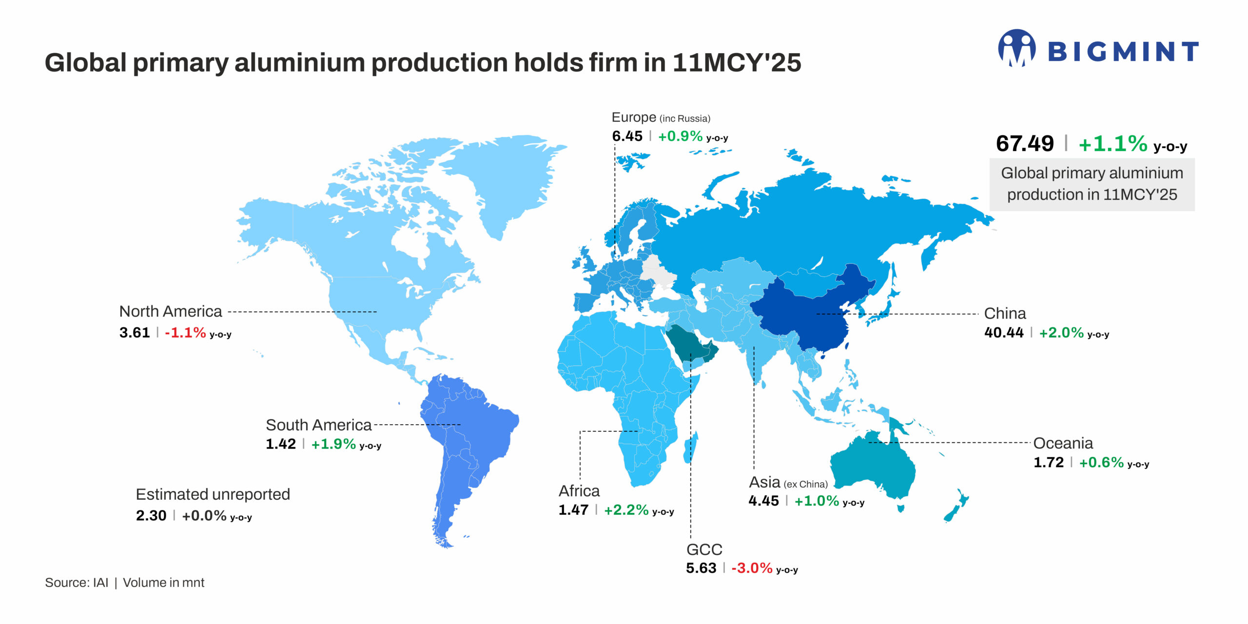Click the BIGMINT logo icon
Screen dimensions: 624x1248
click(1016, 48)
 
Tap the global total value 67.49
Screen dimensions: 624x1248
click(1025, 144)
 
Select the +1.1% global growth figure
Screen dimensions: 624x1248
click(1113, 144)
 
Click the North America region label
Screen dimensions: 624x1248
click(171, 311)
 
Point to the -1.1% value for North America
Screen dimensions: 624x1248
click(185, 333)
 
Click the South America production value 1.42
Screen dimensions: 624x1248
click(281, 444)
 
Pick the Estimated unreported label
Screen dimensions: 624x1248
click(213, 494)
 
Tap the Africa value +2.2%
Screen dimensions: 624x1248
click(626, 510)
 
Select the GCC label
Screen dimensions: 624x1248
click(704, 549)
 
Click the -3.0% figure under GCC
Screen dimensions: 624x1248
click(752, 568)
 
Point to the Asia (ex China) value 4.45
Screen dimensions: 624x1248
click(763, 501)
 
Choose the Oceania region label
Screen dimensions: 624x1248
click(1063, 443)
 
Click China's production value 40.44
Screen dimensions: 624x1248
click(1004, 333)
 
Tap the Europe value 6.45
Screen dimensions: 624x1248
click(627, 136)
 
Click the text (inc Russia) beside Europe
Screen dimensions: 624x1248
click(684, 118)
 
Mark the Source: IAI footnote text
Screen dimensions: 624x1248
click(77, 583)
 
